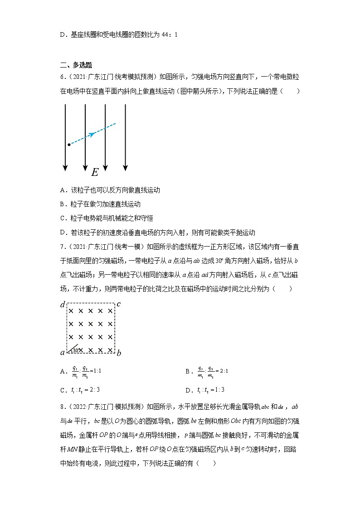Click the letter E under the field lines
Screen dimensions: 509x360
95,173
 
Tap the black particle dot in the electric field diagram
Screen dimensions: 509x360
69,145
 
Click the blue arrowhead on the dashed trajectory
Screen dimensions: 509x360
92,134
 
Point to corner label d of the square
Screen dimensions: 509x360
63,305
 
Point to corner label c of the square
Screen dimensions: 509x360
119,304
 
